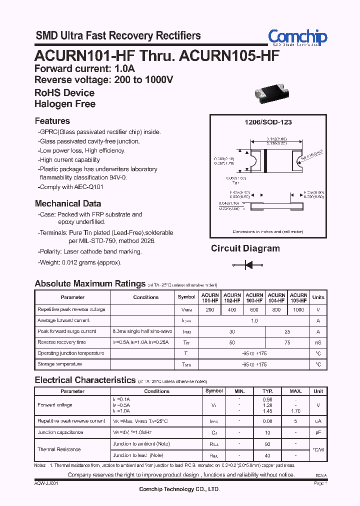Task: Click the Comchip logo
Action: pos(297,37)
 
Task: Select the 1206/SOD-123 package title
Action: pos(268,122)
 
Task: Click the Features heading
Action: pos(52,121)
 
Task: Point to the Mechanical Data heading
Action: pos(68,203)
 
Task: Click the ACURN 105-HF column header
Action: pos(298,297)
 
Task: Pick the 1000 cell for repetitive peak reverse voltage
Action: pos(298,310)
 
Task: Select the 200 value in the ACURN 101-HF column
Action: pos(210,310)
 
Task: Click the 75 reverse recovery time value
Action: pos(287,342)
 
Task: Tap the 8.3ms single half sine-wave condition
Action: pos(142,331)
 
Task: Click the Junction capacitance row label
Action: pos(60,432)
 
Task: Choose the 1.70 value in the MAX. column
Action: pos(295,410)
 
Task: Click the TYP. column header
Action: pos(267,391)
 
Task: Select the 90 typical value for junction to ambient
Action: pos(267,444)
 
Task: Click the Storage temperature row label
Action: pos(60,364)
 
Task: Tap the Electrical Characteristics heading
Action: pos(85,380)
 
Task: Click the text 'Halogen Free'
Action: pos(65,104)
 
